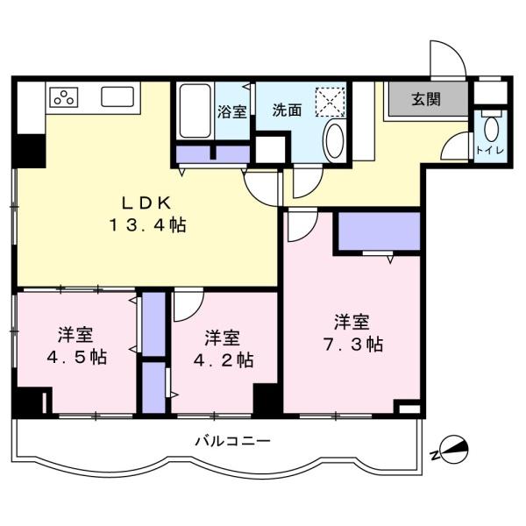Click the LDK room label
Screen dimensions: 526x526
[146, 203]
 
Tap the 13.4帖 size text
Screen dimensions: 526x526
[147, 224]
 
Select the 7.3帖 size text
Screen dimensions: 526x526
[353, 345]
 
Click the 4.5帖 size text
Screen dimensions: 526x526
[77, 358]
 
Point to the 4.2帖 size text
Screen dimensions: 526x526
[224, 360]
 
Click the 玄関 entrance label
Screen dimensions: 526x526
[426, 99]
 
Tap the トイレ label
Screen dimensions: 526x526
[490, 150]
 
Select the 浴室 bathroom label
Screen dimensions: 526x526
[231, 111]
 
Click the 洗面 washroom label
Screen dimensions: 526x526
[287, 110]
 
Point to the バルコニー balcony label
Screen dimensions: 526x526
[233, 441]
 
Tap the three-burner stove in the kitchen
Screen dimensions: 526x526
[64, 97]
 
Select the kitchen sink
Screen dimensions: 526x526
[117, 96]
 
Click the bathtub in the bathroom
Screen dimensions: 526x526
[195, 110]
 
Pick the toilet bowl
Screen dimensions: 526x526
[491, 127]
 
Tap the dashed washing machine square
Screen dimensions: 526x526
[331, 102]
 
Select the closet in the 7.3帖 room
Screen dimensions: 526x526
[379, 231]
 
